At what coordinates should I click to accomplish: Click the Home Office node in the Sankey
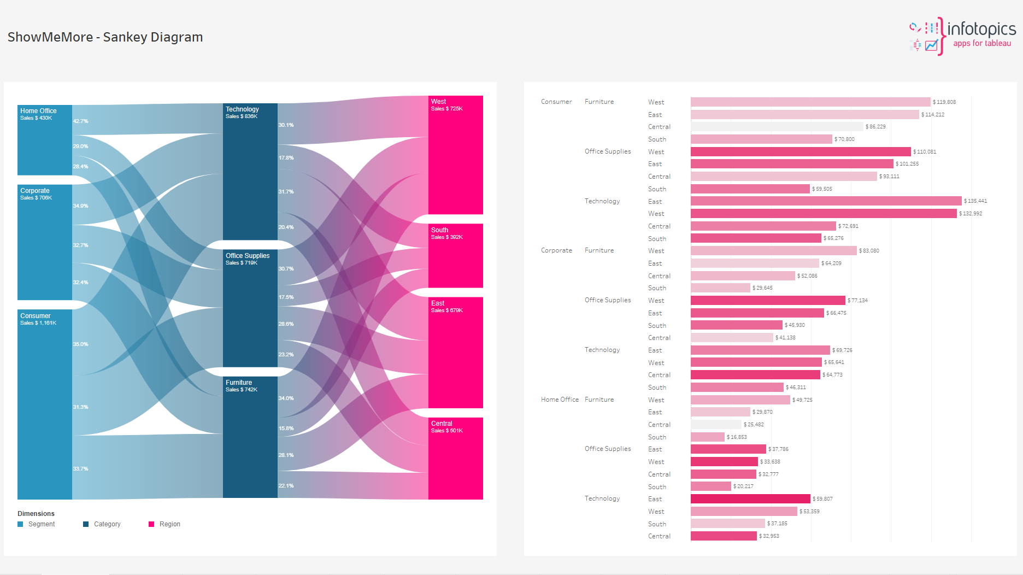point(45,140)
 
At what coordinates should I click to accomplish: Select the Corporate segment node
point(45,242)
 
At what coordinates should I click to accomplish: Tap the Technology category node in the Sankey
point(250,172)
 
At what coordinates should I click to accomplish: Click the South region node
point(455,255)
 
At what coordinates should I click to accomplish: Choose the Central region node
point(455,458)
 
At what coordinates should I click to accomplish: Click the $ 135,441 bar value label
point(975,201)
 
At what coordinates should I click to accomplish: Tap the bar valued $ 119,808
point(810,102)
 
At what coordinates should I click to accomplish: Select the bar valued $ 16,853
point(707,437)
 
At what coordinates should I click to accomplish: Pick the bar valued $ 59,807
point(750,499)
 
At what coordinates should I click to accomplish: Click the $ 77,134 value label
point(857,301)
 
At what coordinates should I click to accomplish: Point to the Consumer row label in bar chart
point(556,102)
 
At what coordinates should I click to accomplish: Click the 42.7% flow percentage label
point(81,121)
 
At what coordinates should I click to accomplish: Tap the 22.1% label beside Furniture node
point(286,486)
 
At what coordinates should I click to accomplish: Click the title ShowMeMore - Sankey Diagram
point(105,37)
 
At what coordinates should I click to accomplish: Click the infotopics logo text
point(981,30)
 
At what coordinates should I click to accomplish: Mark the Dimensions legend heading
point(36,514)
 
